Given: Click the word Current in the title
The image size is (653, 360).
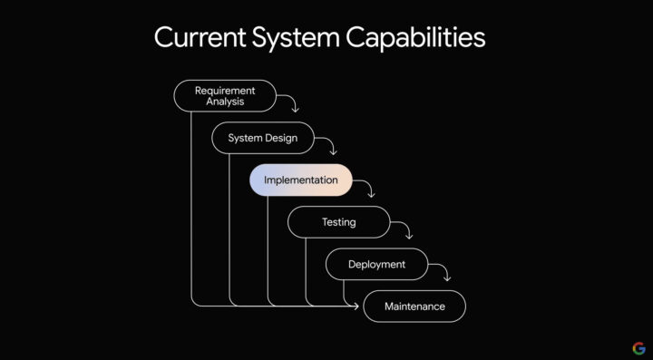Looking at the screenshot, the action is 200,37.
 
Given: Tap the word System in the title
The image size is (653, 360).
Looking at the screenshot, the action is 296,38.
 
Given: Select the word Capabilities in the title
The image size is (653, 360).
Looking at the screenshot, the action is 415,38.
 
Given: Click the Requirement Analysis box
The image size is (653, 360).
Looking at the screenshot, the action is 225,96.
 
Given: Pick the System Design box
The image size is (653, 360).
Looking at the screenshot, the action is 263,138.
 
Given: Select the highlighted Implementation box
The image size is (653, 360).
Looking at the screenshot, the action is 301,180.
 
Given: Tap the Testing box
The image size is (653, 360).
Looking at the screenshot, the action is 339,222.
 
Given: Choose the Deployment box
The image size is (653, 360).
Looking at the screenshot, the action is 377,264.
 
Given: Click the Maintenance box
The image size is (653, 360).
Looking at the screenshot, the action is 414,306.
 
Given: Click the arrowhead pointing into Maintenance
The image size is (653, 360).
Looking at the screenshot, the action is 356,306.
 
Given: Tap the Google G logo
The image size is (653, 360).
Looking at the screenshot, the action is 638,348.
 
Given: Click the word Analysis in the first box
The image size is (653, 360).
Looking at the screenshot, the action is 225,102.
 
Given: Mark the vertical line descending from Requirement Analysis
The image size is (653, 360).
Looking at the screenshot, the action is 191,208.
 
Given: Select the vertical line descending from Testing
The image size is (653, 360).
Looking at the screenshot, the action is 306,271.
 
